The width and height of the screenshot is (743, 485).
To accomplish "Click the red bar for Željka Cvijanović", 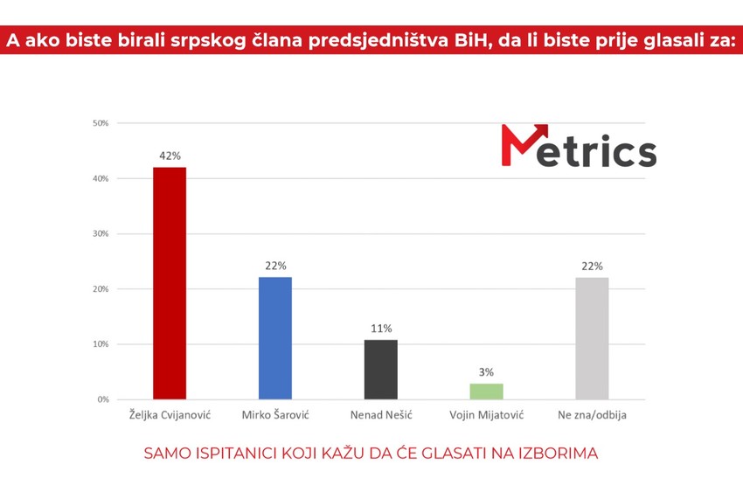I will (x=170, y=283).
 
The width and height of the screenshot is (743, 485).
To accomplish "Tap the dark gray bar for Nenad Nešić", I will (x=380, y=369).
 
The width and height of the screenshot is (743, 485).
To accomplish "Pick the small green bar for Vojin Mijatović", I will (x=486, y=391).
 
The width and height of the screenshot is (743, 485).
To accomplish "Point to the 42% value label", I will (x=170, y=156).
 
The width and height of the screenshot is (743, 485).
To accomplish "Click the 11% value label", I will (x=380, y=329).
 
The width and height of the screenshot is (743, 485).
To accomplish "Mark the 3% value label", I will (x=486, y=372).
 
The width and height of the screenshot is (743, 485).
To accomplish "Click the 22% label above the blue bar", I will (x=275, y=266).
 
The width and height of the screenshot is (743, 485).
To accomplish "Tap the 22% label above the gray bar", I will (x=592, y=266).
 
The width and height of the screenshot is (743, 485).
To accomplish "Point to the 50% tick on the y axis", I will (x=101, y=123).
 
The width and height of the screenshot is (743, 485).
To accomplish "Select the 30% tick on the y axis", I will (x=101, y=233).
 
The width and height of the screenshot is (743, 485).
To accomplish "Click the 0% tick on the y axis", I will (x=103, y=399).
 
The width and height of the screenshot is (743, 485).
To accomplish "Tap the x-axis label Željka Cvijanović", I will (x=170, y=415).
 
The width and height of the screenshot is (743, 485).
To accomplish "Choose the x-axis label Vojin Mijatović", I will (x=486, y=415).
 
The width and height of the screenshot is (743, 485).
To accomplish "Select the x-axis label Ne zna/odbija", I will (x=592, y=415).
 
